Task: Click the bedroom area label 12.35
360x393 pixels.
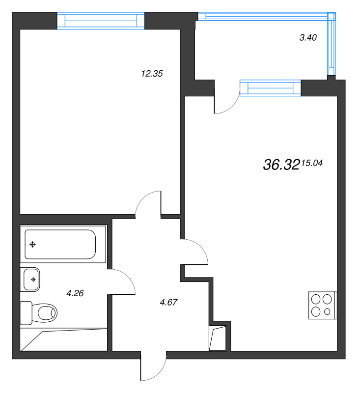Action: [151, 74]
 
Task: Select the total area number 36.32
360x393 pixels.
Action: [281, 166]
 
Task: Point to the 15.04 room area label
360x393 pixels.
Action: [312, 164]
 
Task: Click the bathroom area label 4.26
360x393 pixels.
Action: [75, 294]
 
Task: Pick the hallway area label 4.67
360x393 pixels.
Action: [168, 302]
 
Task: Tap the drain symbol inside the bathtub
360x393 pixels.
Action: [33, 244]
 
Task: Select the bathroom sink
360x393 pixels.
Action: [32, 280]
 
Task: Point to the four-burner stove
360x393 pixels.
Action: [322, 305]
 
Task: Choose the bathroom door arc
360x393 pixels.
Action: [124, 282]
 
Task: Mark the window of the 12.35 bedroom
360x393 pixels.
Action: [101, 21]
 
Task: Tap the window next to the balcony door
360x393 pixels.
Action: [270, 88]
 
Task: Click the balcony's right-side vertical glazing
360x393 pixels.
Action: [332, 44]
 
